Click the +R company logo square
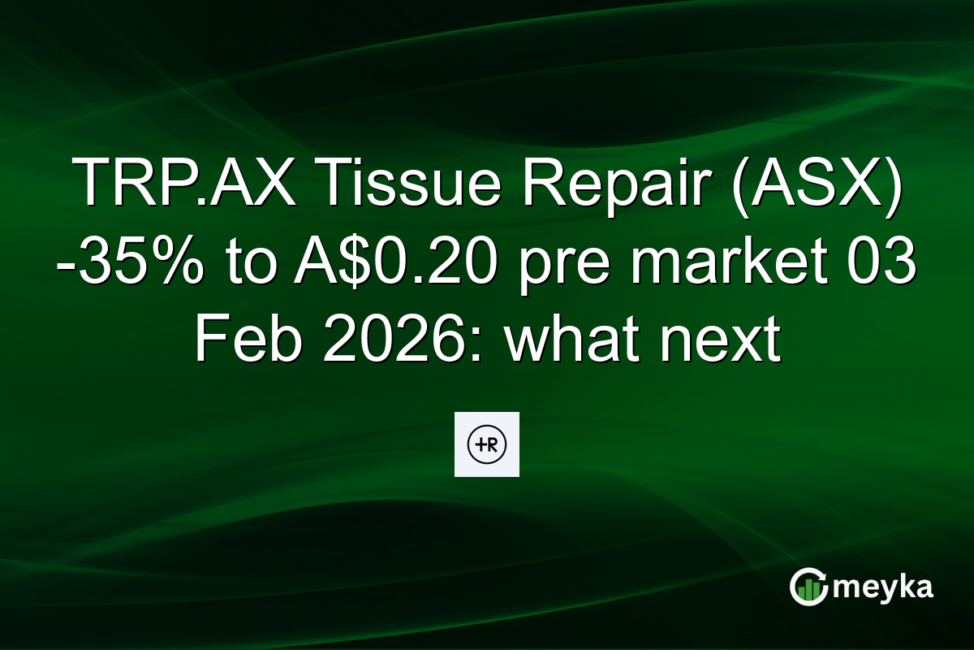(x=486, y=444)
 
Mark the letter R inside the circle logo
(x=493, y=444)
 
